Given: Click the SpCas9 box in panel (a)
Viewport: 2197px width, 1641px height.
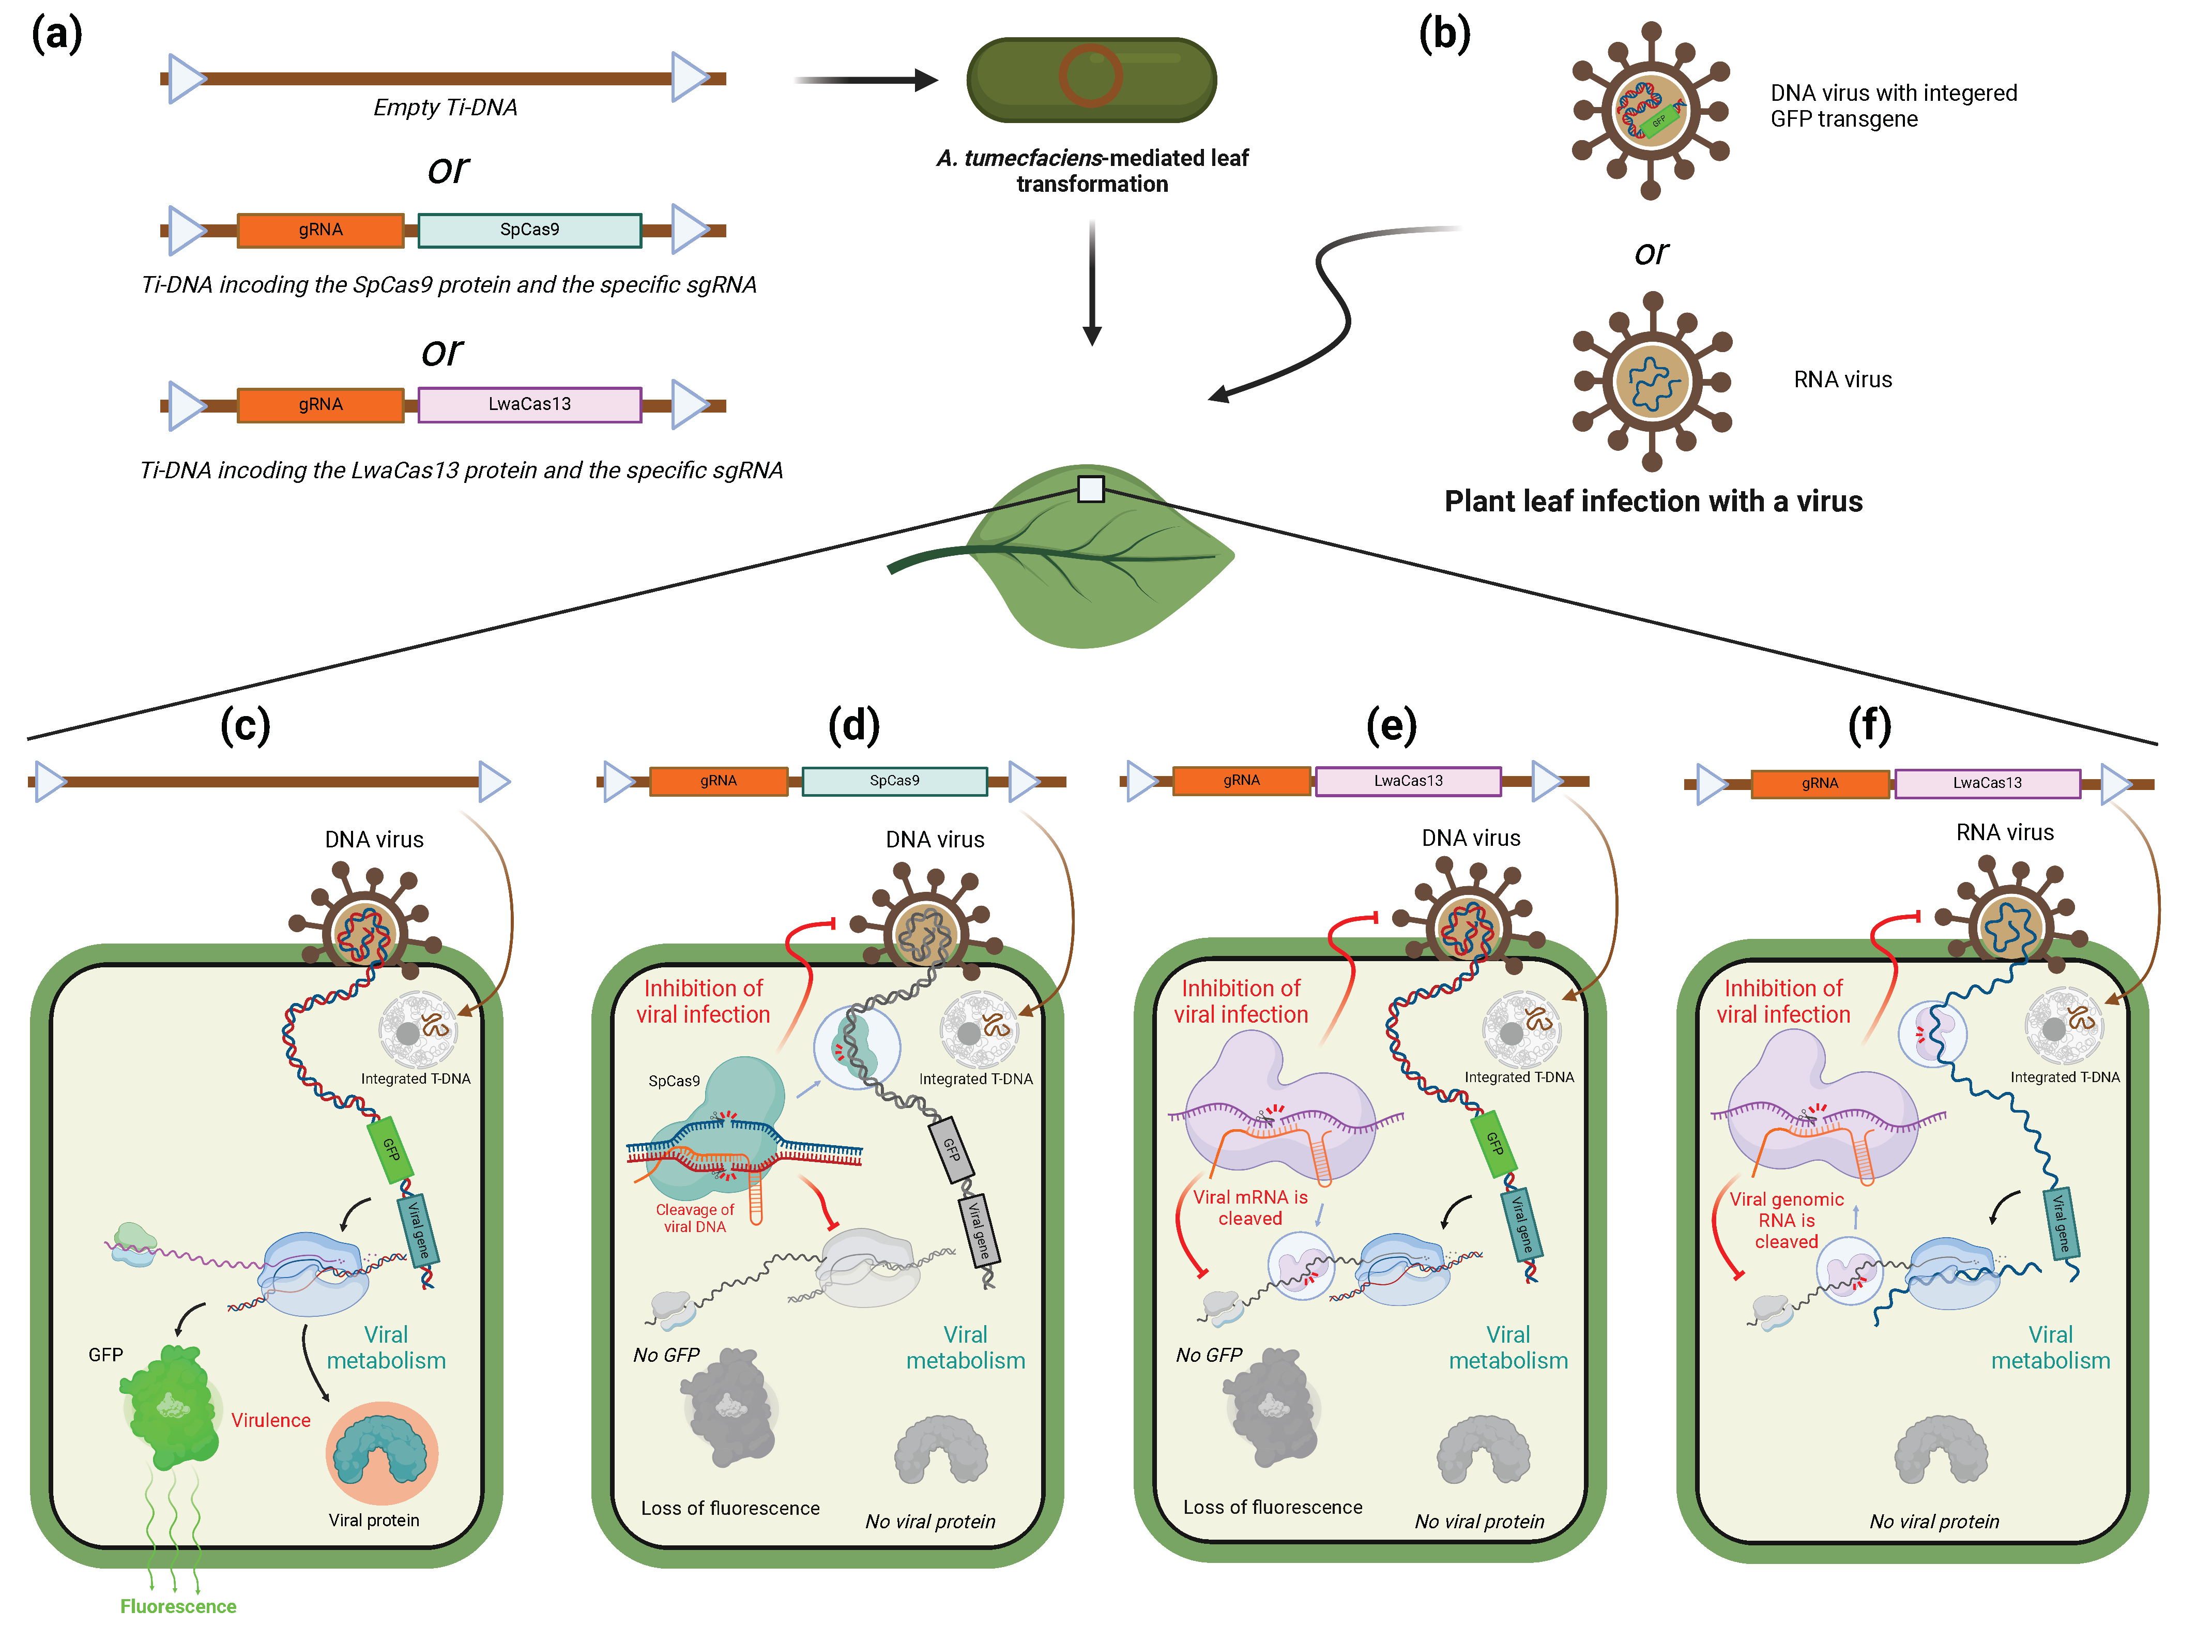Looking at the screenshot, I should [x=529, y=230].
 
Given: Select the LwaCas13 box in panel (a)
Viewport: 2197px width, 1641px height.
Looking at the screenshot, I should [x=529, y=404].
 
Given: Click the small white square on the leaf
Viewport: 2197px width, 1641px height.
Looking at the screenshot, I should [x=1091, y=489].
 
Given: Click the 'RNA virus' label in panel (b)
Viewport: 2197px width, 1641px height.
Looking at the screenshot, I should [x=1842, y=379].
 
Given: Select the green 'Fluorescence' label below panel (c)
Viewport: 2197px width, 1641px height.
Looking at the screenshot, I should [x=179, y=1606].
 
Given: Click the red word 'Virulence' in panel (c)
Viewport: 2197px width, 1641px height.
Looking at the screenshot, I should [x=271, y=1420].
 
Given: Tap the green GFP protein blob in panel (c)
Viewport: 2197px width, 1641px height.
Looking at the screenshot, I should [x=174, y=1406].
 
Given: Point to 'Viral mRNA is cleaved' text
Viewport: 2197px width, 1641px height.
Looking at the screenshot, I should [x=1250, y=1208].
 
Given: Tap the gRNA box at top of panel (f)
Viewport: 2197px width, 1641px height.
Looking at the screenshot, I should [x=1820, y=783].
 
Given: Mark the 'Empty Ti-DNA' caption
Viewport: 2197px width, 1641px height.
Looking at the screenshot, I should [x=445, y=108].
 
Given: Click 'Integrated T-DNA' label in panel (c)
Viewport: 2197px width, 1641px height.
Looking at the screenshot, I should [x=415, y=1079].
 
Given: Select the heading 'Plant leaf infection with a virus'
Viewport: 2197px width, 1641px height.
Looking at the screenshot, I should [x=1653, y=502].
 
